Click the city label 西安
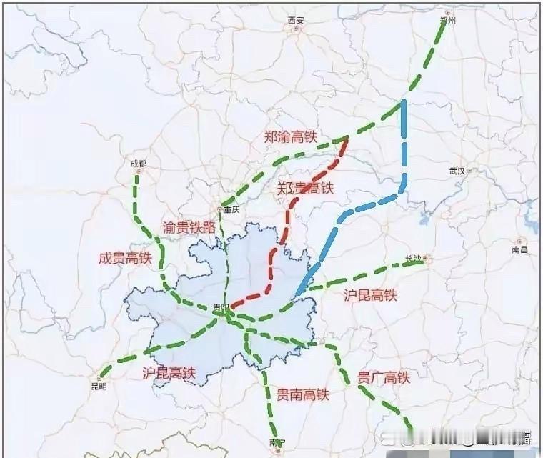point(296,21)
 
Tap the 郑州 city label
point(449,21)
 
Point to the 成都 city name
point(138,164)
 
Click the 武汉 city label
point(457,171)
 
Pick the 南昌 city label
point(520,250)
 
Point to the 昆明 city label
point(98,387)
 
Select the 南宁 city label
point(277,443)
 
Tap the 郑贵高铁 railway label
point(306,189)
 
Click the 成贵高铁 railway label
point(125,258)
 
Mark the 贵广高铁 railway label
point(383,377)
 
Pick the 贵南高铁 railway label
point(302,394)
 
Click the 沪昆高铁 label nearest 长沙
point(370,294)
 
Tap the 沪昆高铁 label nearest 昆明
point(169,372)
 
